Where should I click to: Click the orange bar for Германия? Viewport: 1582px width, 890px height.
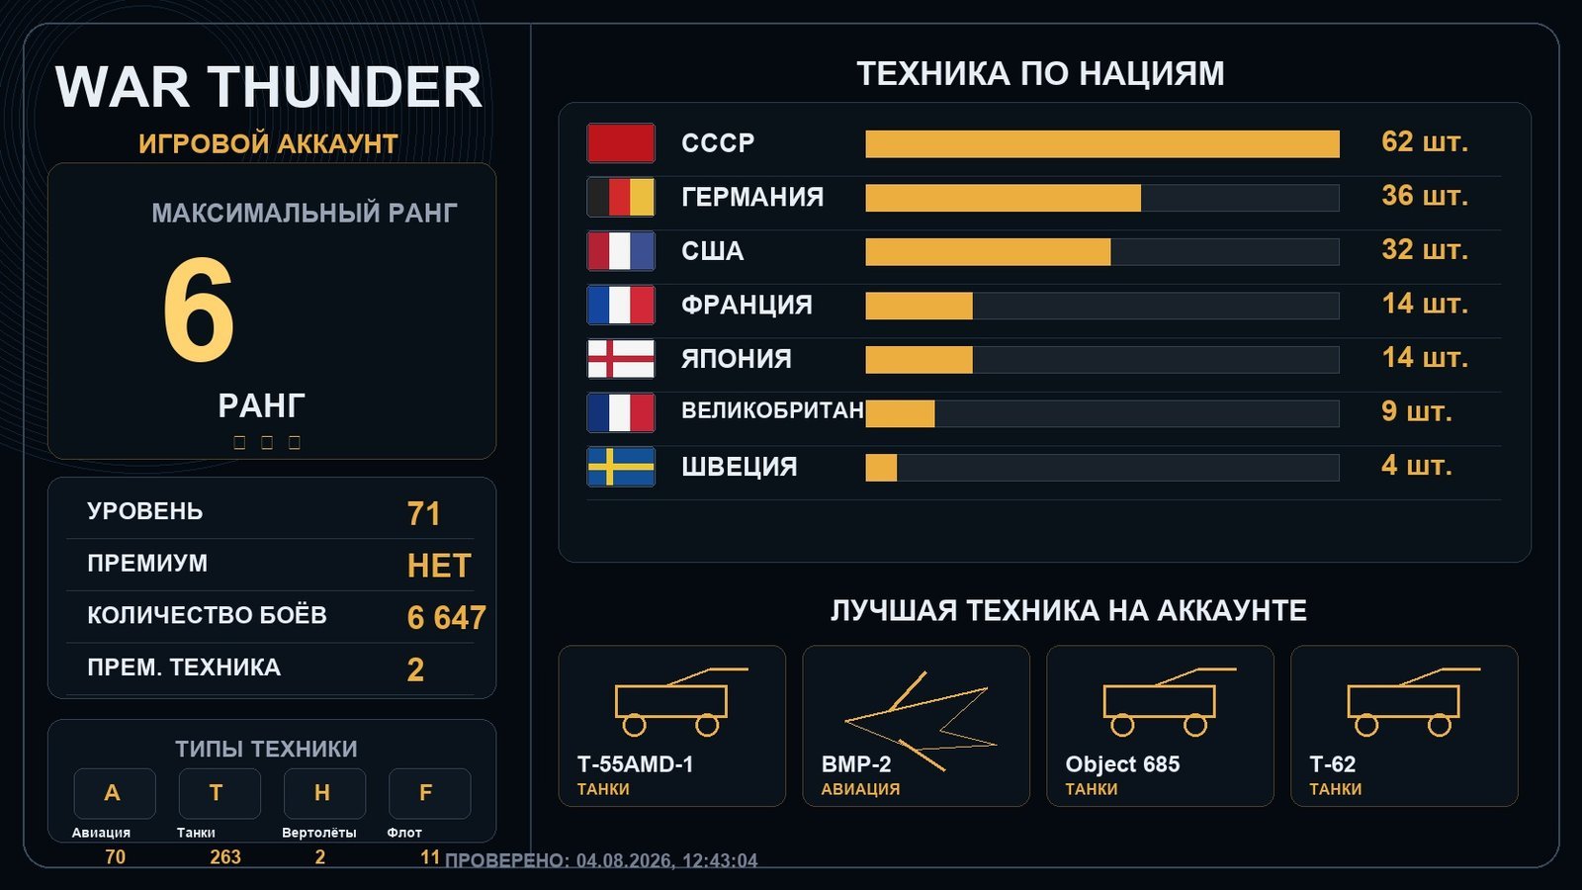coord(1003,198)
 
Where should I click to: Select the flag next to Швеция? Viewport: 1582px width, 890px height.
coord(621,467)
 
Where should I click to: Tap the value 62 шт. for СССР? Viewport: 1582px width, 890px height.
coord(1425,142)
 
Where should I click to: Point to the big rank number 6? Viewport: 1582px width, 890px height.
coord(199,310)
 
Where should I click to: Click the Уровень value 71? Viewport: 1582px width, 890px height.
coord(424,513)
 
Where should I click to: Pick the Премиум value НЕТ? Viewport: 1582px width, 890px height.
coord(439,566)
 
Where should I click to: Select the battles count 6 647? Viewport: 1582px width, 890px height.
coord(446,617)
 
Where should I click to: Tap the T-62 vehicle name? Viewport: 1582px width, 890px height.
coord(1332,764)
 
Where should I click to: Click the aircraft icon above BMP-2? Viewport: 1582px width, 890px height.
coord(921,721)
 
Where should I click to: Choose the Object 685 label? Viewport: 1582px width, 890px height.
coord(1122,764)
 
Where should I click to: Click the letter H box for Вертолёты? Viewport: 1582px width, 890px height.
coord(325,793)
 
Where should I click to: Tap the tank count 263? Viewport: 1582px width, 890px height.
coord(225,856)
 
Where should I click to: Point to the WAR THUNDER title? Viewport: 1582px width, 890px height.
coord(268,87)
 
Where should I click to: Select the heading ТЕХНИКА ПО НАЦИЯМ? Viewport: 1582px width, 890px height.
coord(1040,73)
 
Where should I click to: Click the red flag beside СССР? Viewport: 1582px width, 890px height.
coord(621,142)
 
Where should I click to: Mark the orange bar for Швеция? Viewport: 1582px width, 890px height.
coord(881,468)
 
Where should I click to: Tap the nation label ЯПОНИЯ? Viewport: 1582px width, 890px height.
coord(736,359)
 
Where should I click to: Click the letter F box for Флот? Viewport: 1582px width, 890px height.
coord(429,793)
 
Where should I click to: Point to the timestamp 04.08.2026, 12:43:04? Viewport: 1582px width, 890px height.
coord(666,861)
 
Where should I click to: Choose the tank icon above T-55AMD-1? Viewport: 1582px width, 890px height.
coord(672,702)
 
